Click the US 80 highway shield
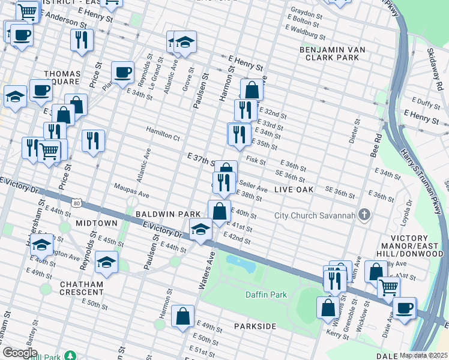coord(76,204)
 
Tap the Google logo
coord(20,353)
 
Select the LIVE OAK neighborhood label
coord(294,190)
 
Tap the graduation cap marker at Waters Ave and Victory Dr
coord(200,229)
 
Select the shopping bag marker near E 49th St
coord(182,316)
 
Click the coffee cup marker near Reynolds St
coord(122,73)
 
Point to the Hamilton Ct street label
coord(163,137)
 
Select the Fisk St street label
coord(256,161)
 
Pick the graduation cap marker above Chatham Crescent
coord(106,262)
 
